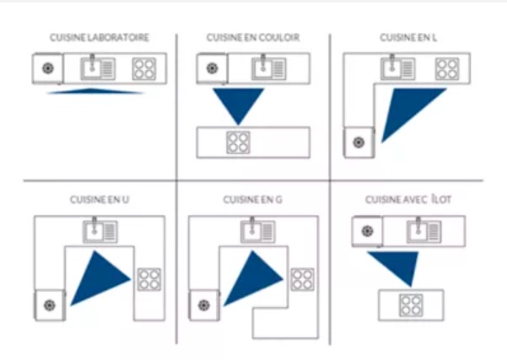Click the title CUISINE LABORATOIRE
(x=100, y=37)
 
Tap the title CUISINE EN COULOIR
(x=253, y=37)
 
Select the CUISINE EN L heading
(x=408, y=37)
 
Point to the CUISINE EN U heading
(x=100, y=200)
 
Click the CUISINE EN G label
(x=252, y=200)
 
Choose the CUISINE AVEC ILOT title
(x=408, y=199)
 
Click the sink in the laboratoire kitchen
(x=98, y=68)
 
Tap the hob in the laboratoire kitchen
(x=144, y=69)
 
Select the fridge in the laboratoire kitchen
(x=47, y=68)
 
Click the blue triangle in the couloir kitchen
(x=238, y=102)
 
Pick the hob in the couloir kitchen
(x=238, y=142)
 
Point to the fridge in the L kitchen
(x=359, y=142)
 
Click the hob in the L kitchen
(x=447, y=69)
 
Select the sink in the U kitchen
(x=100, y=231)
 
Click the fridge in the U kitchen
(x=50, y=305)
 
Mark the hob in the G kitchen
(x=302, y=280)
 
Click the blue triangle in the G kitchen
(x=253, y=278)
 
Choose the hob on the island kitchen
(x=411, y=305)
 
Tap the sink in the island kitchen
(x=423, y=231)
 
